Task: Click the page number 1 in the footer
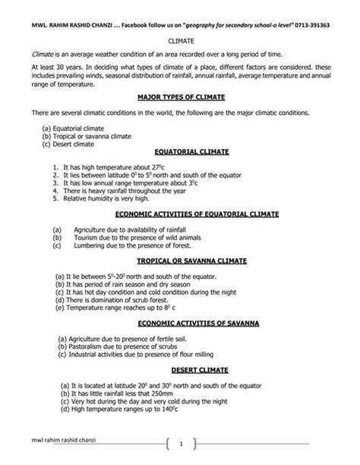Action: pos(181,443)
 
